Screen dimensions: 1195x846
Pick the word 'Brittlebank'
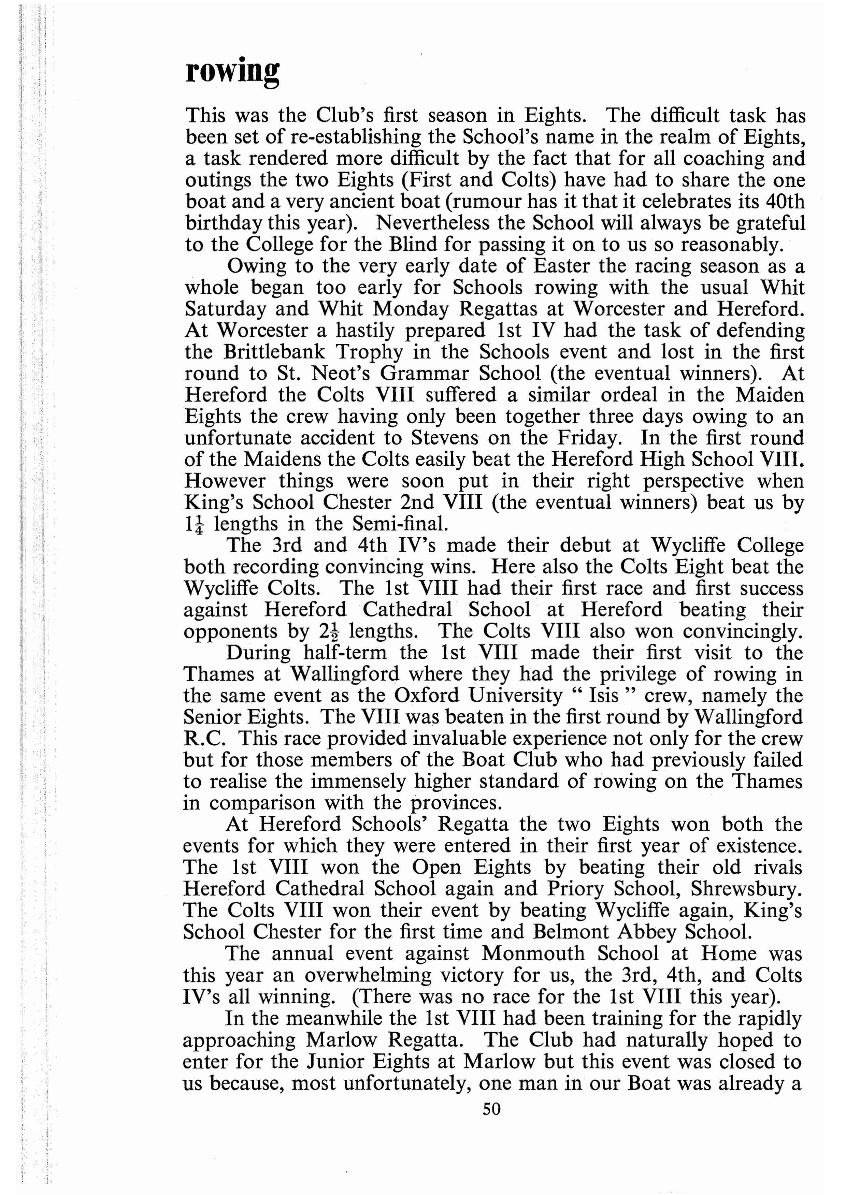[274, 352]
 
